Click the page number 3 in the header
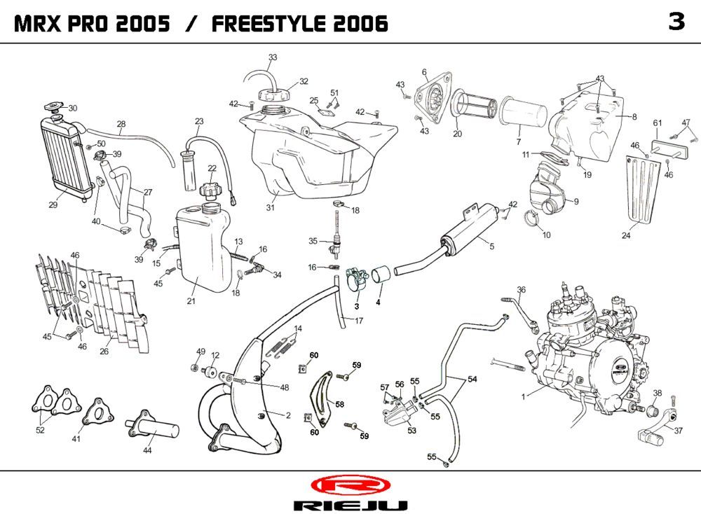676,22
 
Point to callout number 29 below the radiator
53,205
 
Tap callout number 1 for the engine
523,397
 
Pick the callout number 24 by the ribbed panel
626,235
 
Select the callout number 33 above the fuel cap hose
273,57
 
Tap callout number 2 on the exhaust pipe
288,415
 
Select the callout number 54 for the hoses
472,379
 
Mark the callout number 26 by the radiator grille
104,352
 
